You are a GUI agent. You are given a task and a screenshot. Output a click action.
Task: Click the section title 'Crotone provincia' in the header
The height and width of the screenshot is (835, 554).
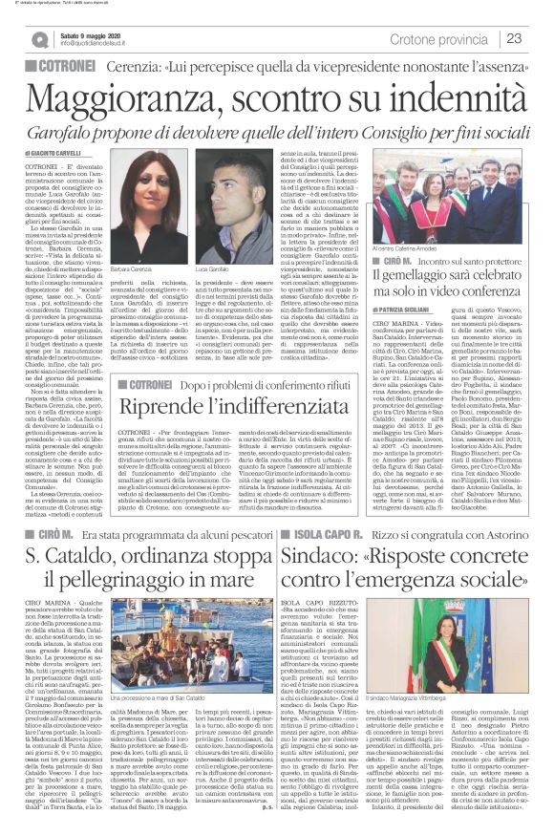441,37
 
